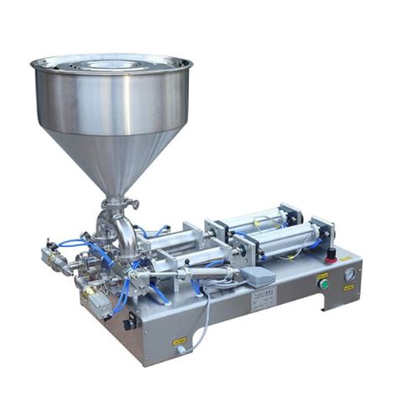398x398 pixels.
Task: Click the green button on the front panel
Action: coord(323,285)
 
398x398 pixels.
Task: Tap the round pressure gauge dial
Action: coord(349,275)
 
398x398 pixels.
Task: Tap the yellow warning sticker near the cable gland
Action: coord(180,343)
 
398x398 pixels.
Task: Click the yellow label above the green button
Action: coord(322,274)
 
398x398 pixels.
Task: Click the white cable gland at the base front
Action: coord(180,351)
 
